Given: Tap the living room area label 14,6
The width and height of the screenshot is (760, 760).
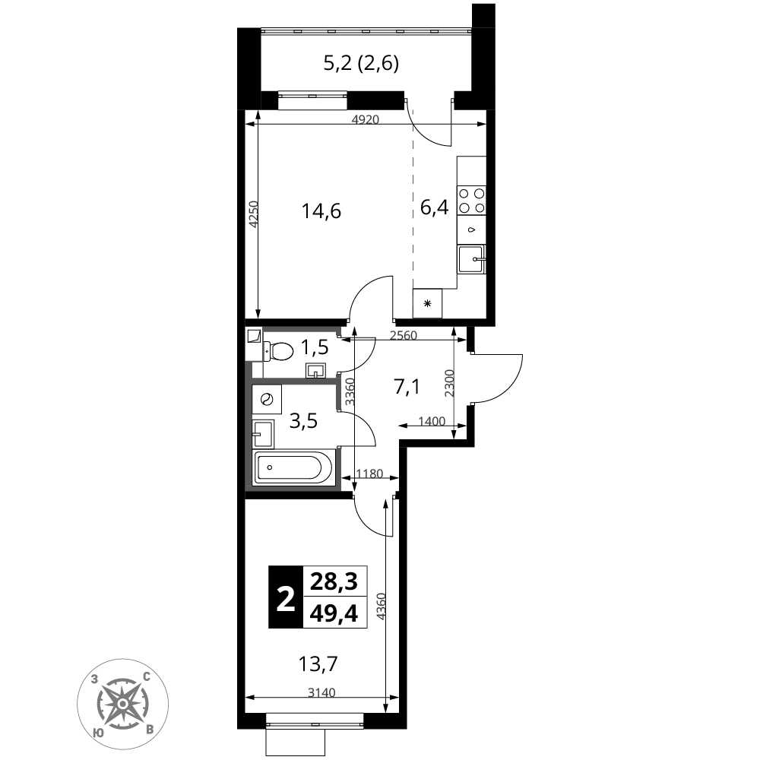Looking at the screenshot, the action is pyautogui.click(x=321, y=211).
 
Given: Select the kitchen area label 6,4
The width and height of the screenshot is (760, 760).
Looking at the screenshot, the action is pyautogui.click(x=434, y=207).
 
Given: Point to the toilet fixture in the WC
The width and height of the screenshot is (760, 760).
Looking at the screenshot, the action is pyautogui.click(x=278, y=351).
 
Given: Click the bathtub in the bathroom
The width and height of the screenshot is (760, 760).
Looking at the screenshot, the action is pyautogui.click(x=293, y=467).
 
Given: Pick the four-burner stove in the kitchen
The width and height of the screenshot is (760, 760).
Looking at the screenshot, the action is pyautogui.click(x=472, y=200).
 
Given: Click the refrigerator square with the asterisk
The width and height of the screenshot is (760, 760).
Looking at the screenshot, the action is pyautogui.click(x=427, y=303).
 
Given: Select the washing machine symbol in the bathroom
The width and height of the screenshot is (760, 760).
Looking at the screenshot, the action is pyautogui.click(x=267, y=400).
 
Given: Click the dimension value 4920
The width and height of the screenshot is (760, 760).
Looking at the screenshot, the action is pyautogui.click(x=365, y=119).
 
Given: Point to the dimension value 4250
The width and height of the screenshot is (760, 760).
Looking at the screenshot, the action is pyautogui.click(x=254, y=214).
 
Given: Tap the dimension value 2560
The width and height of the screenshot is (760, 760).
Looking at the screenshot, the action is pyautogui.click(x=404, y=335).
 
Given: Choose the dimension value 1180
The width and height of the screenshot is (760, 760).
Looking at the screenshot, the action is pyautogui.click(x=369, y=473).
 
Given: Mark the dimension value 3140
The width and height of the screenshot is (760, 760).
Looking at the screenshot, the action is pyautogui.click(x=321, y=692).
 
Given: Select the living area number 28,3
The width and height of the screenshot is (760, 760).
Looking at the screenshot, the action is pyautogui.click(x=334, y=581).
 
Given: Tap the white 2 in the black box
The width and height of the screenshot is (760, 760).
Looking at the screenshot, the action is pyautogui.click(x=286, y=597).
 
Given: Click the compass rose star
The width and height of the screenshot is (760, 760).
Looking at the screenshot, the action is pyautogui.click(x=123, y=704).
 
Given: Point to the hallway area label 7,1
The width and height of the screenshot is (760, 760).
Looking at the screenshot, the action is pyautogui.click(x=407, y=388).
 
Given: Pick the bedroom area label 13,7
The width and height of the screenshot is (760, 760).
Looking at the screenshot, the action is pyautogui.click(x=318, y=663).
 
